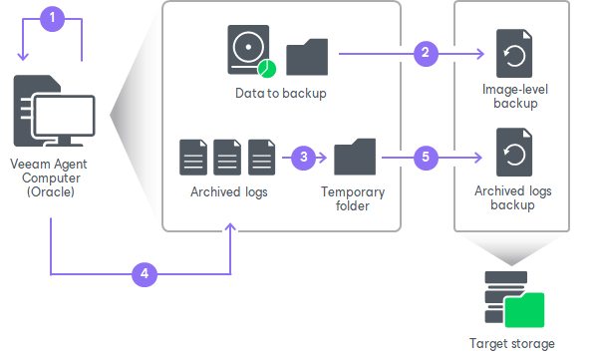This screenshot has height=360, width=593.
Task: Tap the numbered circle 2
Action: pyautogui.click(x=427, y=53)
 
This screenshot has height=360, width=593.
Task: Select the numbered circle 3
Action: pyautogui.click(x=305, y=158)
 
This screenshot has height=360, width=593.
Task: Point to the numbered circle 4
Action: pyautogui.click(x=145, y=271)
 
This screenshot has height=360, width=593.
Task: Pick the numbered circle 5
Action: pyautogui.click(x=427, y=158)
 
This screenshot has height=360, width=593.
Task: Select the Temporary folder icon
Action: pyautogui.click(x=355, y=159)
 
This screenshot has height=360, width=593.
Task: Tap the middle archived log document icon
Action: pyautogui.click(x=228, y=159)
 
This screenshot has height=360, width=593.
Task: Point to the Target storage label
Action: pyautogui.click(x=511, y=343)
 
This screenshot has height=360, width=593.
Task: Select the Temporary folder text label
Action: pyautogui.click(x=354, y=198)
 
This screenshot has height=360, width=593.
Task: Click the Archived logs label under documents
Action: pyautogui.click(x=227, y=191)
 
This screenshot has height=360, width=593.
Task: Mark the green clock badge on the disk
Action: pyautogui.click(x=265, y=69)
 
